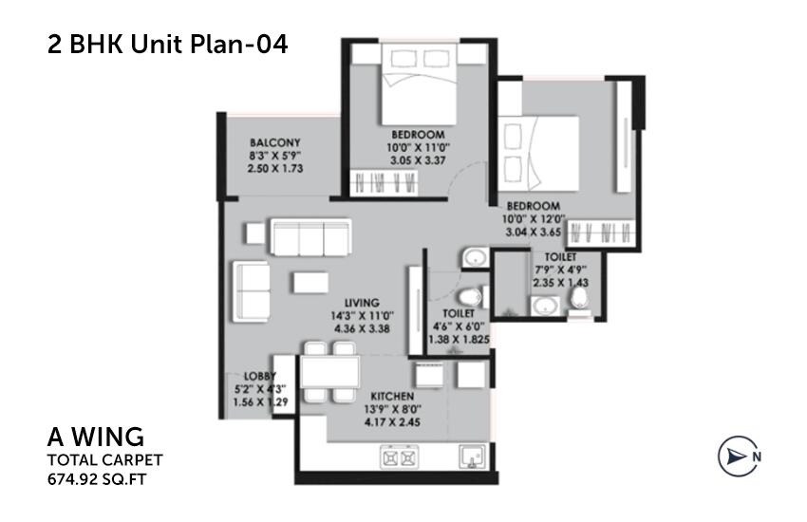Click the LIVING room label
[x=363, y=303]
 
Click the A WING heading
[x=96, y=438]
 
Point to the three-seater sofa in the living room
[x=310, y=237]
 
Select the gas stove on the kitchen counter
[x=402, y=457]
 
